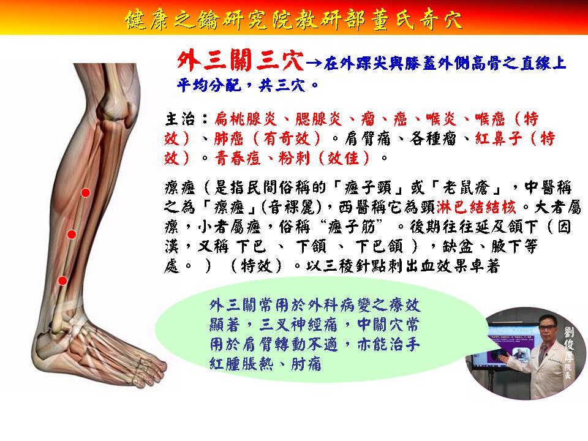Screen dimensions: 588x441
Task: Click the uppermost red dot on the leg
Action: coord(86,193)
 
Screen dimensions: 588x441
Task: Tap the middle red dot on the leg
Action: coord(72,235)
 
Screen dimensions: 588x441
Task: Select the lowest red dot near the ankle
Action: coord(62,281)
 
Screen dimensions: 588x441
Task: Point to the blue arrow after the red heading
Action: coord(314,62)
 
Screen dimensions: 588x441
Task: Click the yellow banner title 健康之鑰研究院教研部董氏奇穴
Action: coord(294,19)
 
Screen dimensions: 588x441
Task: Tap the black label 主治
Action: coord(180,119)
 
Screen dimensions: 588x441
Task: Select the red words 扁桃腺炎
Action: coord(246,119)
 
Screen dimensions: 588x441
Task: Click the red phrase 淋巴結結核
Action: coord(477,207)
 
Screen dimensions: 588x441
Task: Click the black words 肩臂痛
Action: coord(368,139)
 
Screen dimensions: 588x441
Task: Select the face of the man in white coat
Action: coord(548,330)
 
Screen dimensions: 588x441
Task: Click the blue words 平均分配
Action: coord(209,85)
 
